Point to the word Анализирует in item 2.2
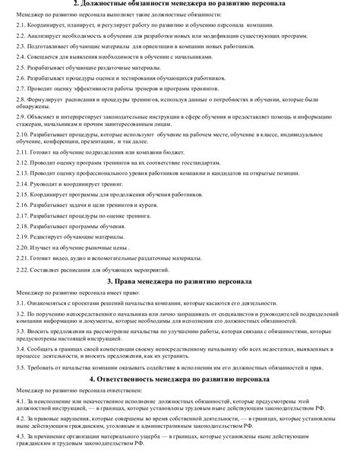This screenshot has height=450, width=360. (49, 35)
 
